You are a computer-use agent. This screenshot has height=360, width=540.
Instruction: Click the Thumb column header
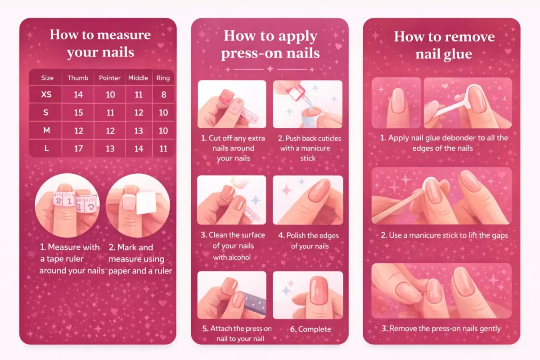pyautogui.click(x=78, y=78)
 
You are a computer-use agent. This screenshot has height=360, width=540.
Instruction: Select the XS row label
pyautogui.click(x=46, y=95)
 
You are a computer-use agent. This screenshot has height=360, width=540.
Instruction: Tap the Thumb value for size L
pyautogui.click(x=78, y=148)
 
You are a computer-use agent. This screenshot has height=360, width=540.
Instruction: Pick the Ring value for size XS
pyautogui.click(x=163, y=95)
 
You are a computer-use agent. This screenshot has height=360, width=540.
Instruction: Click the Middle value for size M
pyautogui.click(x=138, y=130)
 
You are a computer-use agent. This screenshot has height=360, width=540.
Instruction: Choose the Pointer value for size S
pyautogui.click(x=110, y=112)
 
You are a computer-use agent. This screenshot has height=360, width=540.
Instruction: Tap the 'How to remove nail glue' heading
pyautogui.click(x=444, y=45)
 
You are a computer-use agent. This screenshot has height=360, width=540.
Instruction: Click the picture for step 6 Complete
pyautogui.click(x=308, y=295)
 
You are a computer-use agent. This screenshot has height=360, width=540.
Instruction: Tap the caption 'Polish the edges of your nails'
pyautogui.click(x=309, y=241)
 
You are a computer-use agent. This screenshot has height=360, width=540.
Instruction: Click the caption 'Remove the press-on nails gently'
pyautogui.click(x=441, y=328)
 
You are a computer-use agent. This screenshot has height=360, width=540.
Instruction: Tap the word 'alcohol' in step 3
pyautogui.click(x=238, y=257)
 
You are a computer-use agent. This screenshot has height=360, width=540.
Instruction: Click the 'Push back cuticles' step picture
pyautogui.click(x=308, y=104)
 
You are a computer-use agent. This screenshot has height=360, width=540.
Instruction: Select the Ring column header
pyautogui.click(x=163, y=78)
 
